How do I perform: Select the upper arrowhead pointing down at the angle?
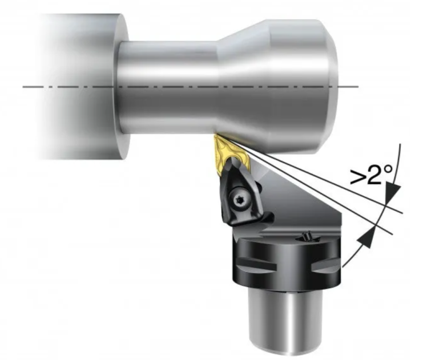(392, 197)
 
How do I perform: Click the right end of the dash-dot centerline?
(356, 87)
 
